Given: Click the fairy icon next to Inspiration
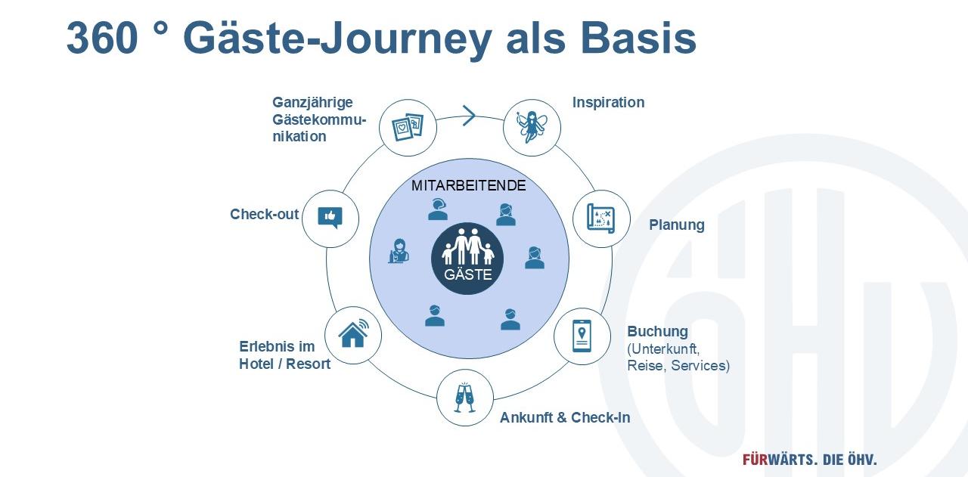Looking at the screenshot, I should point(532,128).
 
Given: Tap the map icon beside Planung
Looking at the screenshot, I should point(601,218).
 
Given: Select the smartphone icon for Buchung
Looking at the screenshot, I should point(582,336).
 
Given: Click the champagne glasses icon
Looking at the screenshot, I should point(464,398).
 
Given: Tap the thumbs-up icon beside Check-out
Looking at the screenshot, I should point(330,218).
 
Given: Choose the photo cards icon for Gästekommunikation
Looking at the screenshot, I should point(408,127).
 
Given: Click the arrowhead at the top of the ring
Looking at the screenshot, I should point(469,116).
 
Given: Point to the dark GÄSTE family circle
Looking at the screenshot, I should point(467,257).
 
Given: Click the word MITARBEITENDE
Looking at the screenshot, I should point(468,186).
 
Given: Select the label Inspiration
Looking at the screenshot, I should point(608,103).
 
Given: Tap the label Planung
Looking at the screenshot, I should point(676,225).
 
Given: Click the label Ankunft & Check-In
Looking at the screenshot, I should point(565,418).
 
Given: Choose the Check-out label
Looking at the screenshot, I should point(264,215).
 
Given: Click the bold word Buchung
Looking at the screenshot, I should point(657,331).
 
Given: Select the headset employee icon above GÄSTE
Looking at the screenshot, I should point(438,209).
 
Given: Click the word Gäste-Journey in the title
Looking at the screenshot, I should point(337,39).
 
